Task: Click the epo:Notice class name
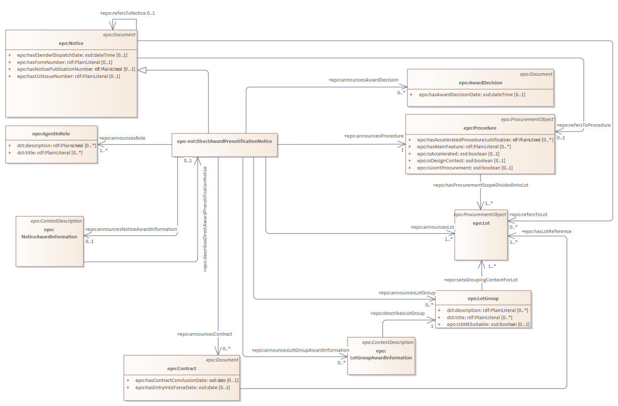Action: tap(71, 43)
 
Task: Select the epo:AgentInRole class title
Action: tap(51, 134)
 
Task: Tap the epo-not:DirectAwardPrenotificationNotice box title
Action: tap(224, 141)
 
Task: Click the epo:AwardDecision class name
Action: tap(480, 83)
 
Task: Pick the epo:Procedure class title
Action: tap(480, 128)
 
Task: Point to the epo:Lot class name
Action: tap(481, 223)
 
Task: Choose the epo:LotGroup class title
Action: tap(483, 299)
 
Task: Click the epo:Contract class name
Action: tap(182, 369)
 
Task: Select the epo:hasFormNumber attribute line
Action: tap(65, 62)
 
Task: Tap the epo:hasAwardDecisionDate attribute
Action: tap(472, 95)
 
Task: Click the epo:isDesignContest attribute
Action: tap(461, 161)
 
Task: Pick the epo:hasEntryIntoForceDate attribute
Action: tap(182, 388)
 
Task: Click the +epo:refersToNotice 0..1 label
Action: tap(127, 13)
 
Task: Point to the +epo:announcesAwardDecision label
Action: tap(363, 80)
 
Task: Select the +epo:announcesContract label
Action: tap(204, 334)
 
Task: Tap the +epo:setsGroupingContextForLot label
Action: tap(481, 280)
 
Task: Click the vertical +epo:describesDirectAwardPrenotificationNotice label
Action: tap(205, 219)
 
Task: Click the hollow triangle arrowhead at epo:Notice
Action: tap(142, 70)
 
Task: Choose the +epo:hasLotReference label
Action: tap(546, 232)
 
